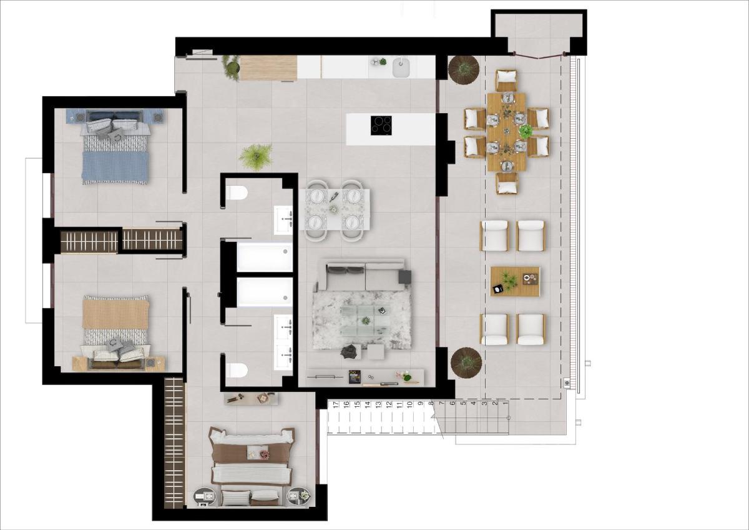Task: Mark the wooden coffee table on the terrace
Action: (x=515, y=281)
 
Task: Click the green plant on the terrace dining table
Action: (x=526, y=131)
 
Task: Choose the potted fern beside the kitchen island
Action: (x=256, y=156)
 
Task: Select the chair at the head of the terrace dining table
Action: (x=507, y=80)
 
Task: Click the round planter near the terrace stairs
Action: (x=466, y=362)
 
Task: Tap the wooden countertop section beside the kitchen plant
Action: (x=268, y=68)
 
